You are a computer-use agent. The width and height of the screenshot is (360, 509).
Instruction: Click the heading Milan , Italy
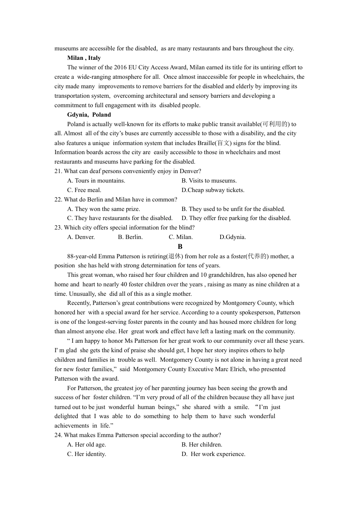click(84, 58)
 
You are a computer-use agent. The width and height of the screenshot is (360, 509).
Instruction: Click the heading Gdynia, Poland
click(89, 115)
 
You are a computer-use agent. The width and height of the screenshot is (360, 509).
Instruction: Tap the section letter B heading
click(180, 247)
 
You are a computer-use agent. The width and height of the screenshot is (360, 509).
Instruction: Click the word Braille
click(206, 143)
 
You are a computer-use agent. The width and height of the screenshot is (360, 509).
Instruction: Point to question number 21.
click(58, 171)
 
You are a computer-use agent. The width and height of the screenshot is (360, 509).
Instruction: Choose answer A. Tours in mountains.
click(96, 181)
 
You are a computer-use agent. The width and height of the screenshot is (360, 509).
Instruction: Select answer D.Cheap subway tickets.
click(213, 190)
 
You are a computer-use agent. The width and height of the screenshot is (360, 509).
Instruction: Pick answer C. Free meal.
click(84, 190)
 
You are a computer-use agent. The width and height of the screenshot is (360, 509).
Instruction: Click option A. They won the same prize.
click(103, 209)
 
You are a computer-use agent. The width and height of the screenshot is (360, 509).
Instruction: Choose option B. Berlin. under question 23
click(130, 237)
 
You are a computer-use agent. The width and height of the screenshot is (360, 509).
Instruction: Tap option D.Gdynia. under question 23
click(232, 237)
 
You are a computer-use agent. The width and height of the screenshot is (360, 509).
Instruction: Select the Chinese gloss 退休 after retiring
click(175, 256)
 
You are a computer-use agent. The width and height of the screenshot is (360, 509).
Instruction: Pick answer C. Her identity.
click(86, 454)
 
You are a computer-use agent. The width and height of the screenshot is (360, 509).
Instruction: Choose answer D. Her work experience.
click(214, 454)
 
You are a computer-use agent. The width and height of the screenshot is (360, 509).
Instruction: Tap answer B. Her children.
click(202, 445)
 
